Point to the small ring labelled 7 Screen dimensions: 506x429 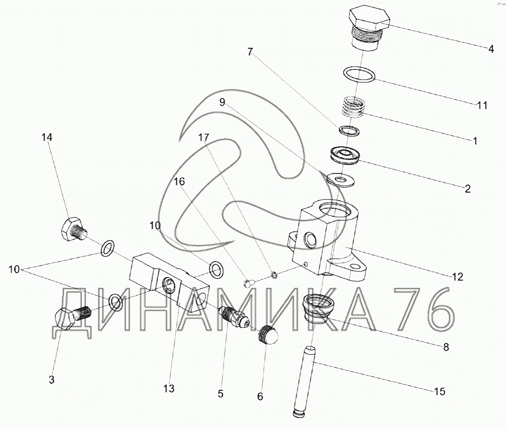pos(349,131)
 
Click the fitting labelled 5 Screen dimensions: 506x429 pos(233,318)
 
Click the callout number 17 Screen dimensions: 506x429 pos(203,137)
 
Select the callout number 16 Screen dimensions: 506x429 pos(180,181)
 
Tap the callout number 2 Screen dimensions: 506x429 pos(467,189)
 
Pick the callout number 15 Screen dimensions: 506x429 pos(439,391)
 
